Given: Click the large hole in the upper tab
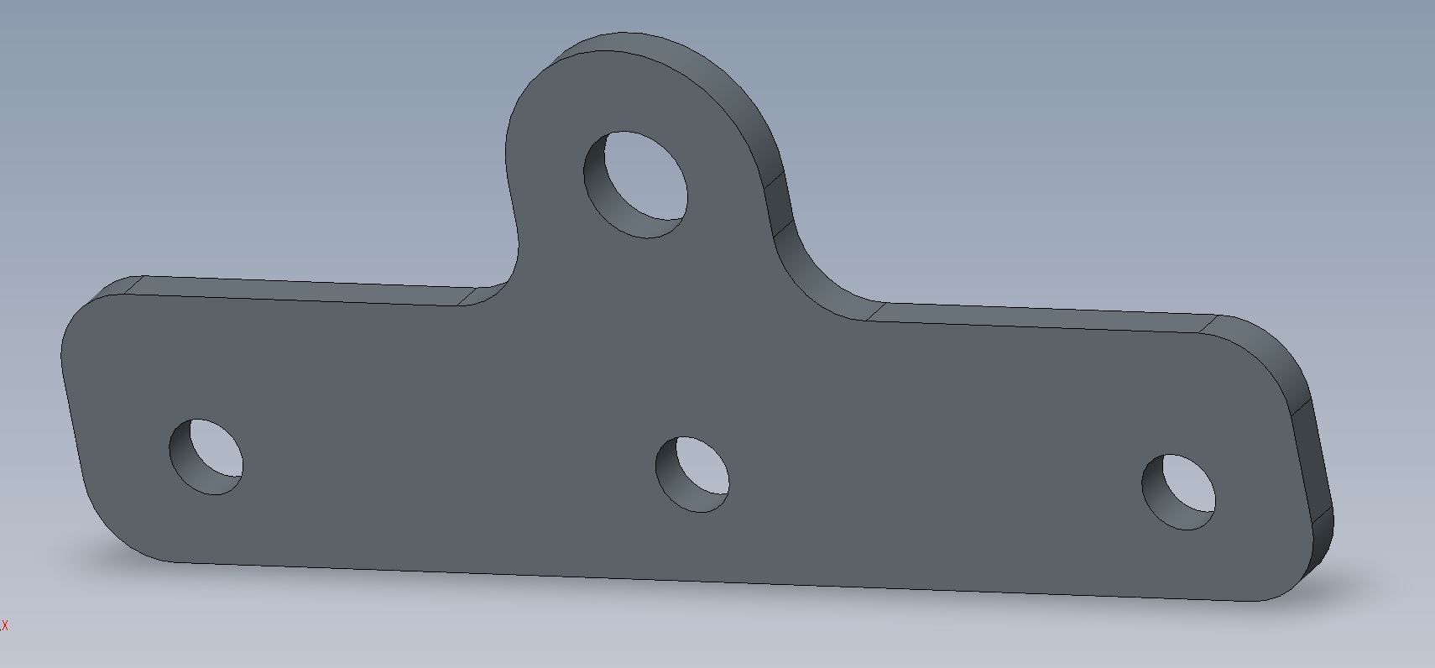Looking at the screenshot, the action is pyautogui.click(x=635, y=185).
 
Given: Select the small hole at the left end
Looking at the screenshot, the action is pyautogui.click(x=206, y=457).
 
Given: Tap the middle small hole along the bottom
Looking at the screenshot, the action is pyautogui.click(x=692, y=475).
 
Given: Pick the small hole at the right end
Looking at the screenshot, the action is pyautogui.click(x=1179, y=492).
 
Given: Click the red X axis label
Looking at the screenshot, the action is pyautogui.click(x=4, y=625).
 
